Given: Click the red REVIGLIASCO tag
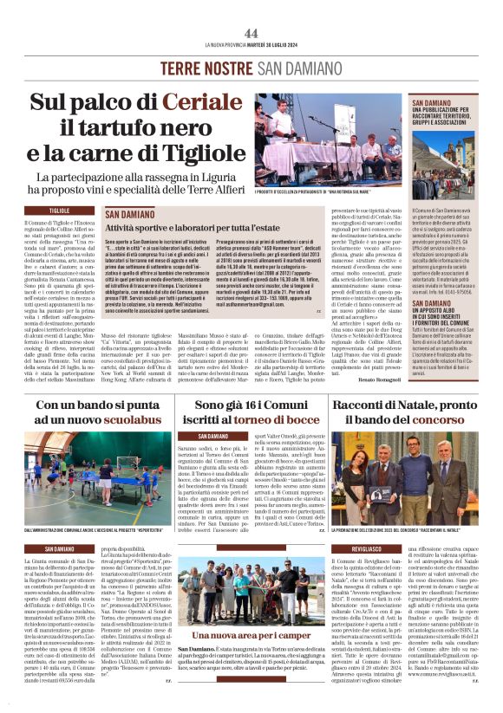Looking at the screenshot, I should click(x=368, y=548).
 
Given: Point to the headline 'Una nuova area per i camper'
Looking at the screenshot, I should click(x=251, y=635).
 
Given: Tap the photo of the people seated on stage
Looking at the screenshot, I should click(x=328, y=140).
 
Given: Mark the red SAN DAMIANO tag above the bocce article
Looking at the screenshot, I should click(x=213, y=436).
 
